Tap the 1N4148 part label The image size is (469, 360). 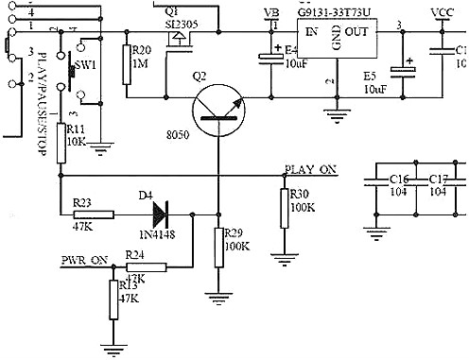pyautogui.click(x=157, y=233)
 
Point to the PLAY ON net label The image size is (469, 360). pyautogui.click(x=310, y=170)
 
